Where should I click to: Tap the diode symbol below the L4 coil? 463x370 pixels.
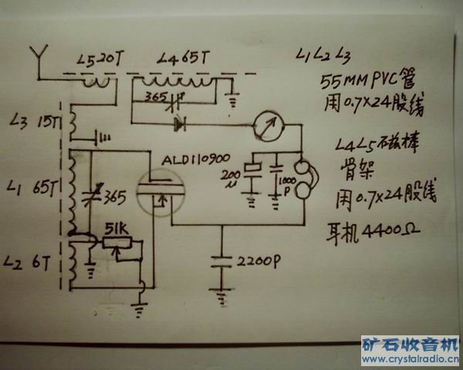(181, 122)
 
